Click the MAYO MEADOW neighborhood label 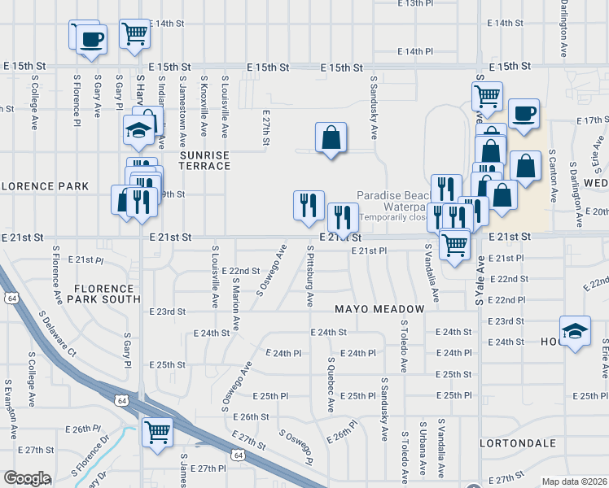pos(379,310)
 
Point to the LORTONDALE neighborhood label pos(518,444)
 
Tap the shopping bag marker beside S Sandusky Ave pos(331,139)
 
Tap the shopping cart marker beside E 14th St pos(134,34)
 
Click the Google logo pos(26,478)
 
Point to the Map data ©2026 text pos(574,481)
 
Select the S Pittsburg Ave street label pos(309,277)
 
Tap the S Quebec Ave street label pos(331,382)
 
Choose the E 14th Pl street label pos(415,51)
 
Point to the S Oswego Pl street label pos(296,447)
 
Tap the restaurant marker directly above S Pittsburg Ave pos(309,205)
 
